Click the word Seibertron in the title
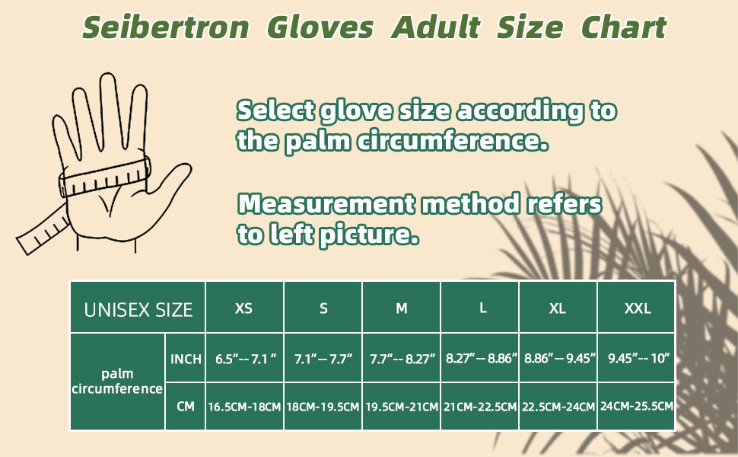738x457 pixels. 166,27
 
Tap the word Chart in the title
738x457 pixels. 624,27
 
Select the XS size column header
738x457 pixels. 244,308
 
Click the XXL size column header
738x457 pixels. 636,308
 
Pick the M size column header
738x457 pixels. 401,308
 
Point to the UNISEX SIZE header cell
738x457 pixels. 138,308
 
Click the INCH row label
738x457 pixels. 186,358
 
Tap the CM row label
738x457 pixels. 186,406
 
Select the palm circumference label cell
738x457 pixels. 117,382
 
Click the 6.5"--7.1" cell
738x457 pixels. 244,358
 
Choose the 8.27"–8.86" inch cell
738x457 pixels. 479,358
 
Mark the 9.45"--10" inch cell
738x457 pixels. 636,358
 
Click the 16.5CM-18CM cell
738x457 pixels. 244,406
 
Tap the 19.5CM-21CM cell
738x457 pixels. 401,406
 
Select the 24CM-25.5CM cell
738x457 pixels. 636,406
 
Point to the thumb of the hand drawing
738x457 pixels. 172,181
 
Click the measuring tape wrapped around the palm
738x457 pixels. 104,178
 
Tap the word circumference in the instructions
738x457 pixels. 452,140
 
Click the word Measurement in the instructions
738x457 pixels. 326,203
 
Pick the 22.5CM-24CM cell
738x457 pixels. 558,406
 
